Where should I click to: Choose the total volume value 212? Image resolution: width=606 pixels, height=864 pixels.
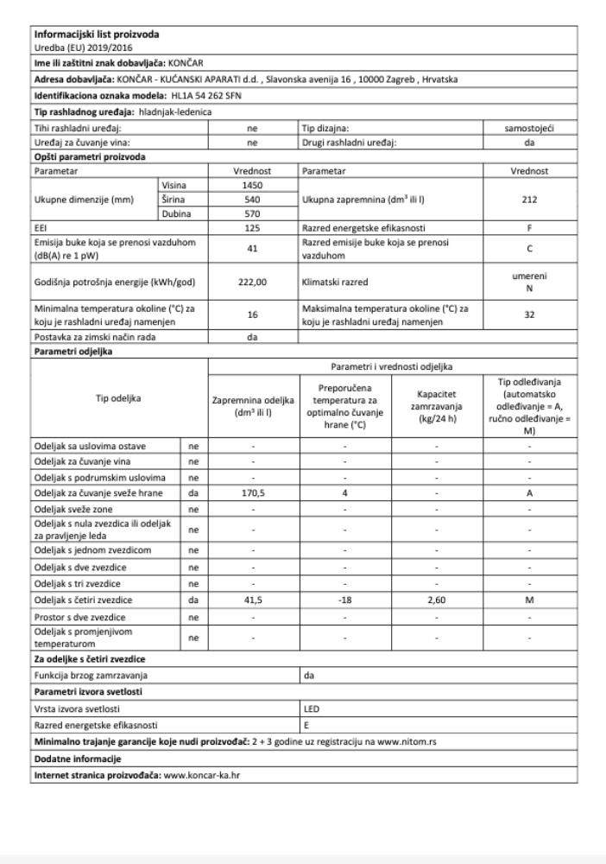click(x=529, y=200)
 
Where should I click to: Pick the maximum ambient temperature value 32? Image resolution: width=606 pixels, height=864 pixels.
click(x=529, y=315)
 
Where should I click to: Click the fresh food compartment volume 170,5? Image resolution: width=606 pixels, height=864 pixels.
click(x=253, y=494)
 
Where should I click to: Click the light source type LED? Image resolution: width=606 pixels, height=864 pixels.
click(x=312, y=708)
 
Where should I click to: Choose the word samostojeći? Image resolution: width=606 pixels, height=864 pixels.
click(x=529, y=128)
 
